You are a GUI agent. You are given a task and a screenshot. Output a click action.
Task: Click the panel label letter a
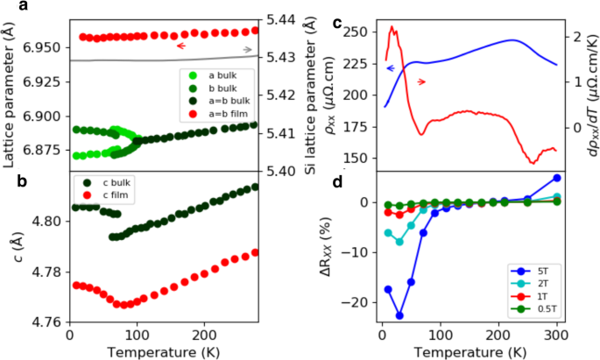(7, 7)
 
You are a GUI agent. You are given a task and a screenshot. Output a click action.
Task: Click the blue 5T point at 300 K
(557, 178)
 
